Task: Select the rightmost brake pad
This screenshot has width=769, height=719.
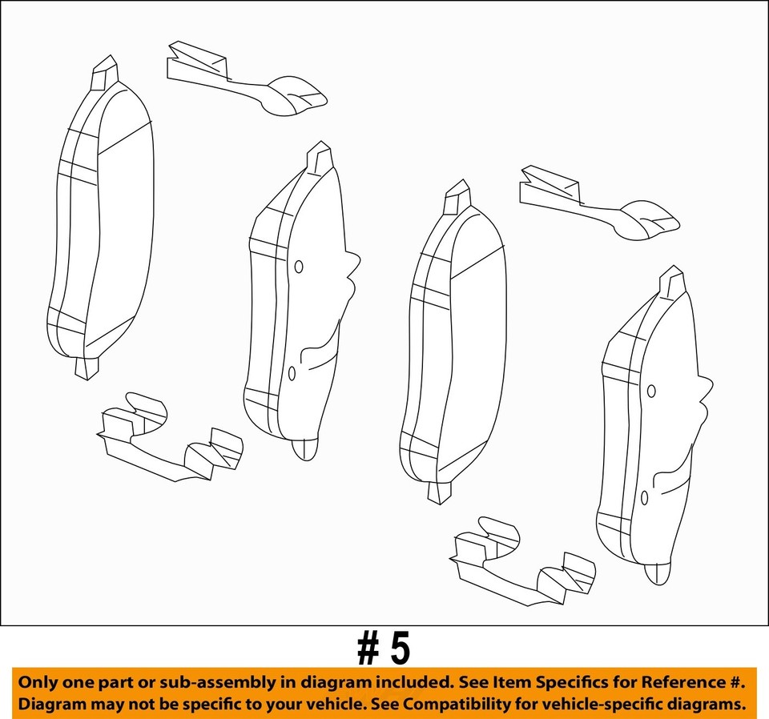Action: pos(649,432)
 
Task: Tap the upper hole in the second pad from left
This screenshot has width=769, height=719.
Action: pos(299,267)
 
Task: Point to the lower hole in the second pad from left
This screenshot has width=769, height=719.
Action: pos(292,373)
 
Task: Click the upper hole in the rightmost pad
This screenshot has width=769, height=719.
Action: pos(651,391)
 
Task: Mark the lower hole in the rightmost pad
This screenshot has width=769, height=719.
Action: pos(644,497)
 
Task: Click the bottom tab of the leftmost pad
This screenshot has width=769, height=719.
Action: pos(87,368)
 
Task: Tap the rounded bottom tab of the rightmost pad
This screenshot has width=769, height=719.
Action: pos(658,572)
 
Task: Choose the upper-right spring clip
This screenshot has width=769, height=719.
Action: pos(597,203)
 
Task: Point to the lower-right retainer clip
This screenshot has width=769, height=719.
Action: pos(521,561)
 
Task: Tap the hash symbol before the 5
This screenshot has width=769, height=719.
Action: pos(368,649)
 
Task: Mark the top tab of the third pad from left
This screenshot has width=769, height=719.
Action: pos(457,197)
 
